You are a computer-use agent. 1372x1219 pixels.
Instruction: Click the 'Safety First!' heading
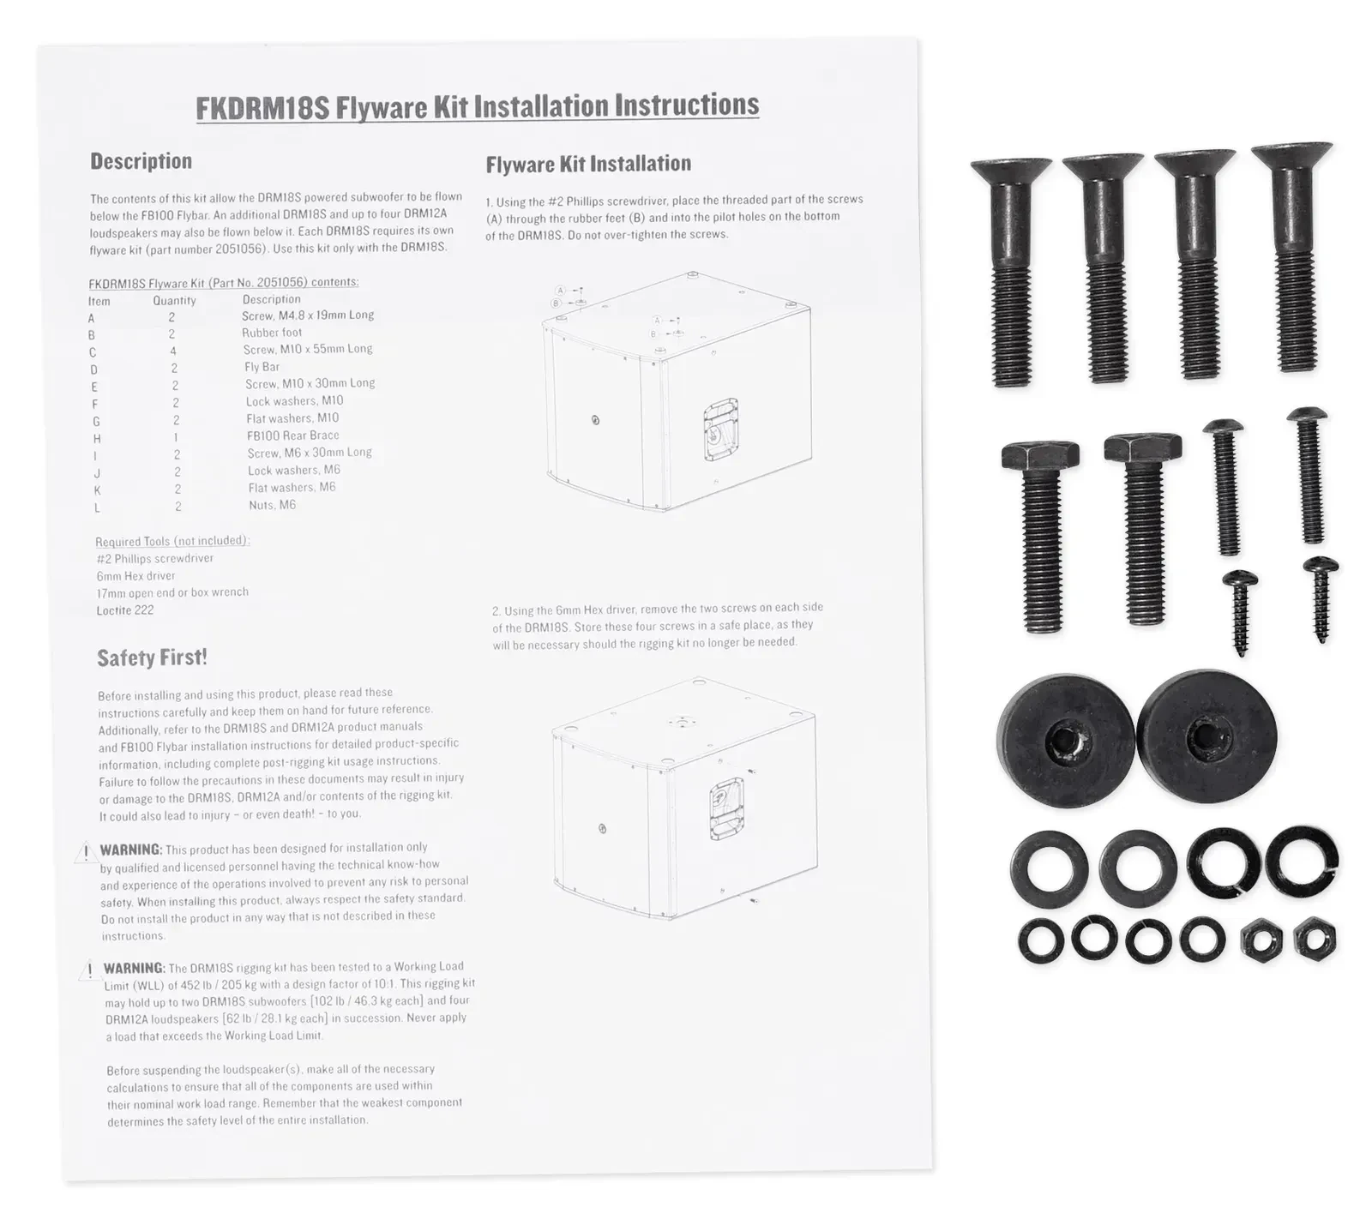[x=152, y=658]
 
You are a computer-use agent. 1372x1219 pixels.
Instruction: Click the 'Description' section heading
[x=141, y=161]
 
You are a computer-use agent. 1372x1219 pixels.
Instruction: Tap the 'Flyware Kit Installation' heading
[x=588, y=164]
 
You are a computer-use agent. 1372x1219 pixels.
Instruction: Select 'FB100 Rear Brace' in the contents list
[x=293, y=435]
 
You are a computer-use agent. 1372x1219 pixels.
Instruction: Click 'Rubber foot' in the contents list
[x=272, y=333]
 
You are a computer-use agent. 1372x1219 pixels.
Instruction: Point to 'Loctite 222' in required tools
[x=125, y=610]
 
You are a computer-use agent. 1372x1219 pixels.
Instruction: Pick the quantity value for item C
[x=173, y=351]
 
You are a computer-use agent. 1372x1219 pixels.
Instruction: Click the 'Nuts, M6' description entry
[x=272, y=505]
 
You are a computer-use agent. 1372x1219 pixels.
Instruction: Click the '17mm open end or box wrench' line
[x=172, y=592]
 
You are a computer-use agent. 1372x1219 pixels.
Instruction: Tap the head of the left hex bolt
[x=1039, y=455]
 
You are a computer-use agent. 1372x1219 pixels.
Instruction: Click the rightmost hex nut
[x=1315, y=939]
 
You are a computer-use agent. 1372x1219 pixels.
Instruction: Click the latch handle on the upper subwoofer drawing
[x=719, y=429]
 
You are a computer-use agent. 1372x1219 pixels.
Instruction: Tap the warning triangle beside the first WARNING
[x=85, y=852]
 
